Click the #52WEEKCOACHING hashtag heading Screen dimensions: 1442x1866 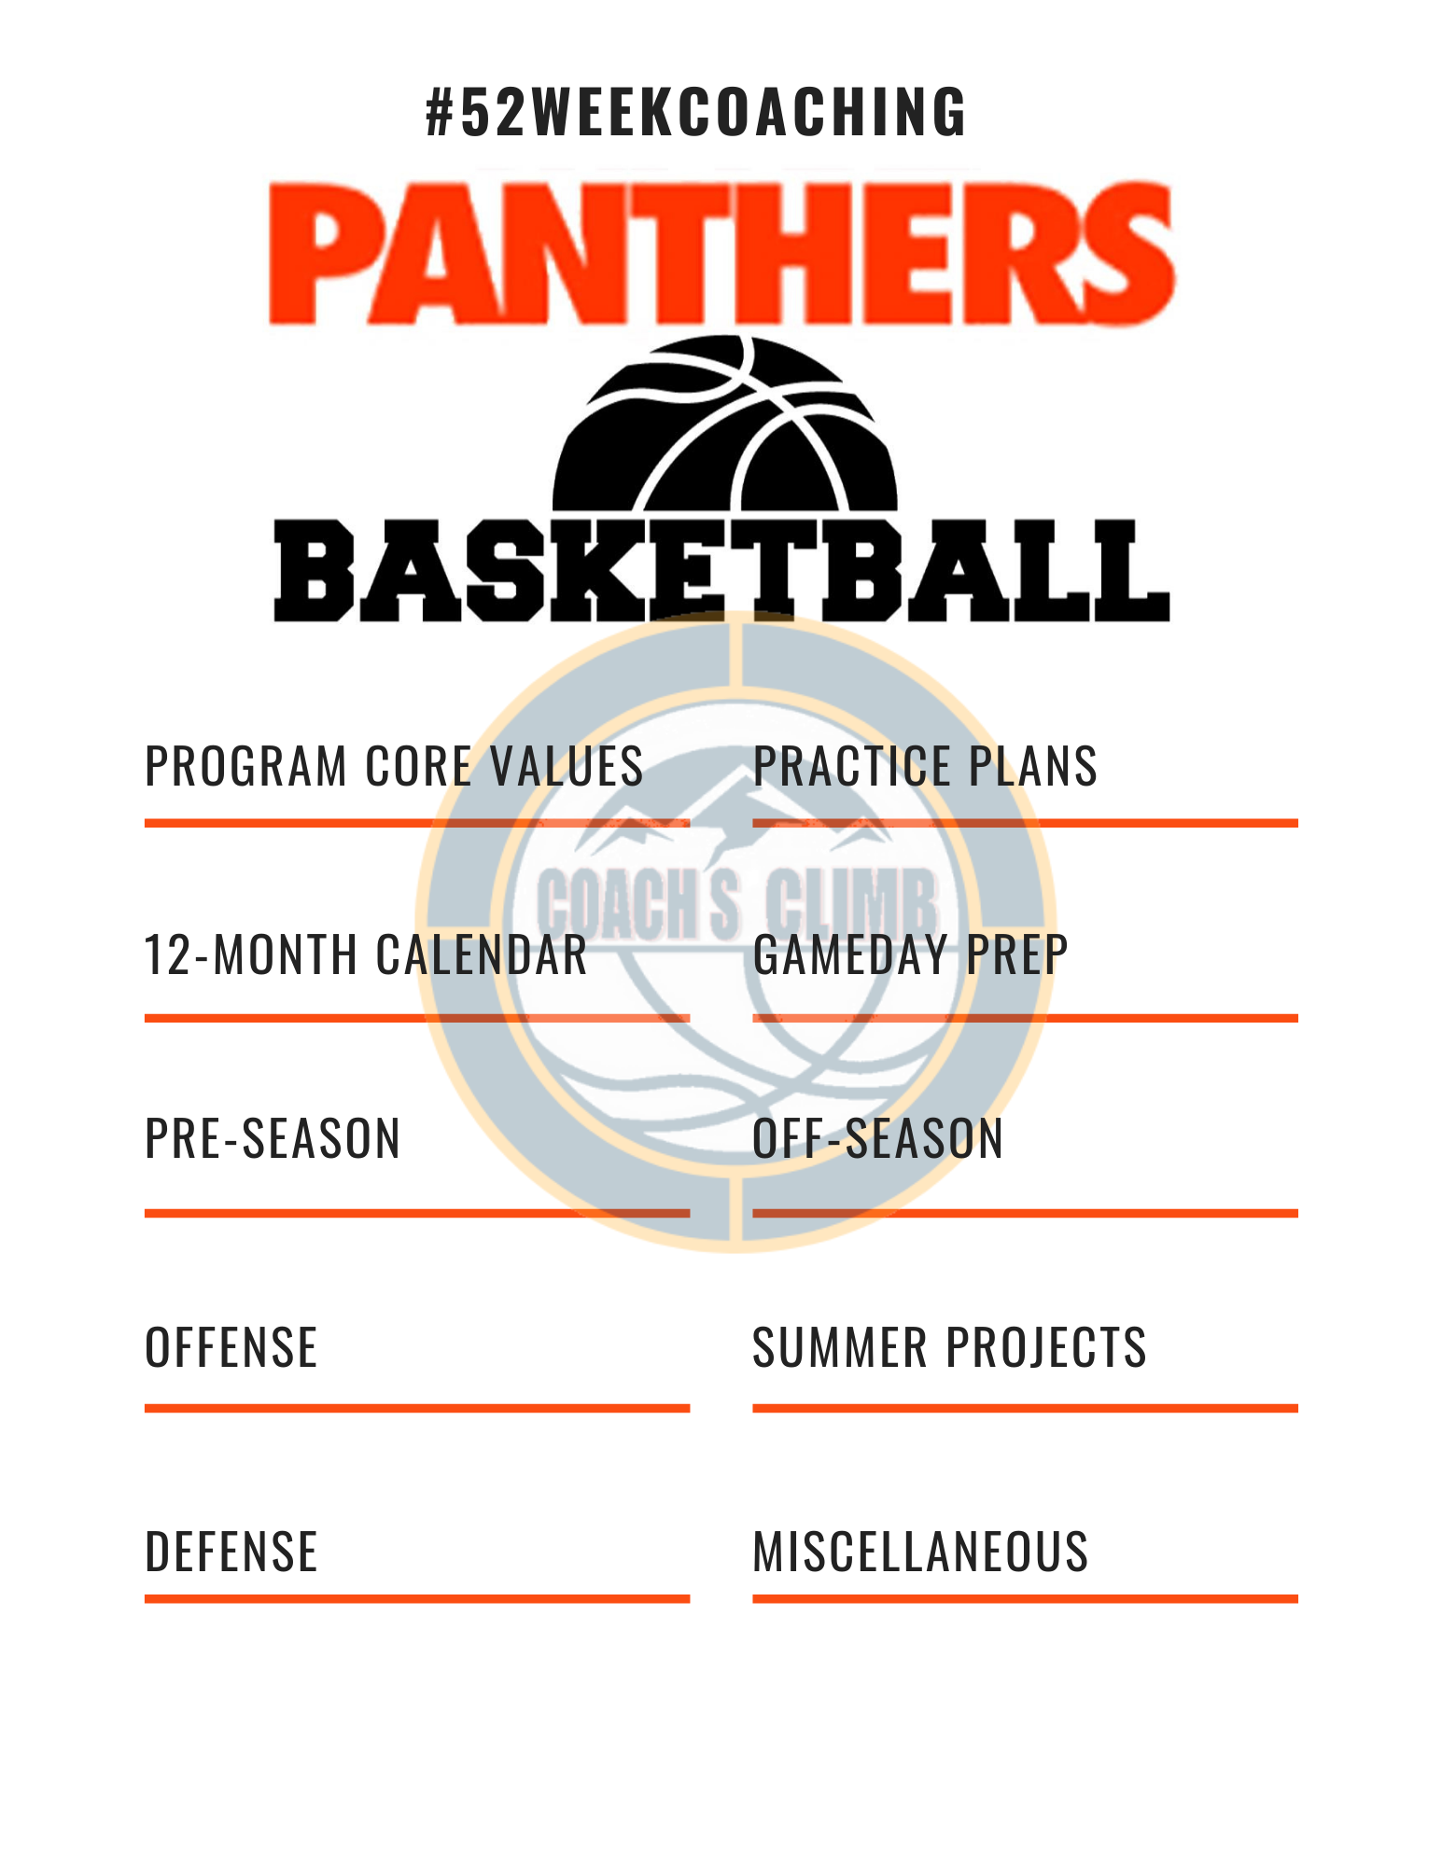696,112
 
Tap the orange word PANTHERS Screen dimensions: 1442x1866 721,253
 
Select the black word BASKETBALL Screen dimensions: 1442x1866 721,570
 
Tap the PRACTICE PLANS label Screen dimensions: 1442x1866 925,766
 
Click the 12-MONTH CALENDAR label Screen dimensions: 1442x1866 366,954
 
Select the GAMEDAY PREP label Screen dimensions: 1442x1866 910,954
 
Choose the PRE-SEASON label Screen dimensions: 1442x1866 273,1138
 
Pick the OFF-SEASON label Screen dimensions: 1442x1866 878,1138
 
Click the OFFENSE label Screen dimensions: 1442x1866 231,1347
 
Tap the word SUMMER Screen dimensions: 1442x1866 840,1347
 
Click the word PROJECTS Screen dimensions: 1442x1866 1046,1347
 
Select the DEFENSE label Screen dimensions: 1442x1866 231,1552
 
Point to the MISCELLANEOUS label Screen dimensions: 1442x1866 920,1552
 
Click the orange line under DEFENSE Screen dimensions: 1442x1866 417,1598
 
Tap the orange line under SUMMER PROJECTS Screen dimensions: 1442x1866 1026,1408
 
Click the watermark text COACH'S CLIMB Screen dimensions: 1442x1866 737,901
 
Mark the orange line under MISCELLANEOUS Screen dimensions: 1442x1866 1026,1598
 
